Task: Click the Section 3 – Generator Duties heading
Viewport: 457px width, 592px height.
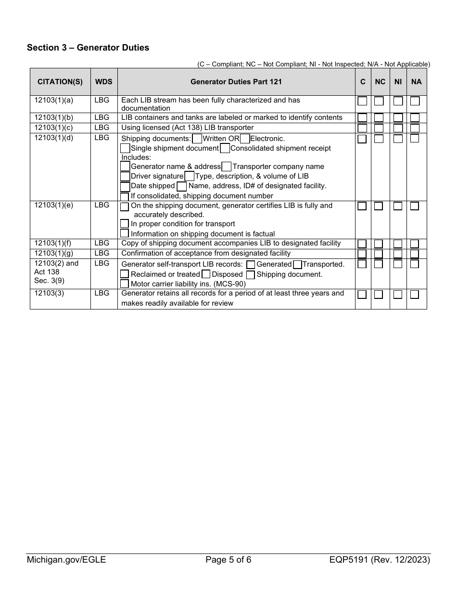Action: pos(88,48)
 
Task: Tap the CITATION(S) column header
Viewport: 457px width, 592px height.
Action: pos(60,82)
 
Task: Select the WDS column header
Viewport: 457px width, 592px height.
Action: pos(104,82)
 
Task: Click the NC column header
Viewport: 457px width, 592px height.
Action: pos(380,82)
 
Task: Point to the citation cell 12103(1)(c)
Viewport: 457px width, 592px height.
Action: pos(54,128)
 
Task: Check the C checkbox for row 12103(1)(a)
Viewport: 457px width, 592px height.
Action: pos(362,101)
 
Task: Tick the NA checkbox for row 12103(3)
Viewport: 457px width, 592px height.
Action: pos(415,295)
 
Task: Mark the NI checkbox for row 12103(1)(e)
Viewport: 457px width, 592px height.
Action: pos(398,206)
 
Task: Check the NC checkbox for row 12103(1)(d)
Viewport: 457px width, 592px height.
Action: pos(379,139)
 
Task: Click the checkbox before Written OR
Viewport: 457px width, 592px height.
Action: pos(197,139)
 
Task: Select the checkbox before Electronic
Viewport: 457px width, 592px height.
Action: pos(245,139)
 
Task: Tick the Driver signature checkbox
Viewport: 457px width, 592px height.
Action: pos(125,176)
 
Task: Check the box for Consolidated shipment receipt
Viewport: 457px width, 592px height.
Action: pos(225,148)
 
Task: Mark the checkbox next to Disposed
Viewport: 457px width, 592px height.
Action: pos(206,274)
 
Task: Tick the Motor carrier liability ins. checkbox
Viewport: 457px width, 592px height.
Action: pos(125,284)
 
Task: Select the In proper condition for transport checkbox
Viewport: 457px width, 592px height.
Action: pos(125,224)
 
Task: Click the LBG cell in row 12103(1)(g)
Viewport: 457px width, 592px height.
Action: pos(102,253)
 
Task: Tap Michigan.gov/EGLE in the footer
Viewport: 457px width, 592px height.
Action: pos(66,560)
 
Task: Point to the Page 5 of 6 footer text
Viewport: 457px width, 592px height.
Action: pos(228,560)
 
